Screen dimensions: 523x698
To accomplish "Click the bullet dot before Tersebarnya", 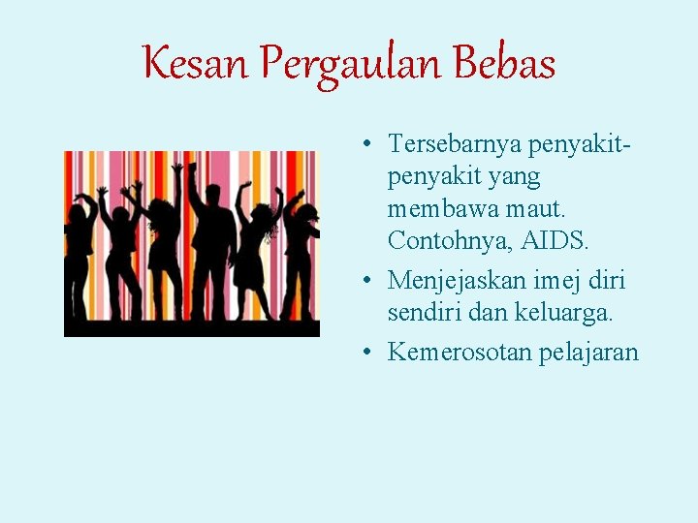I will click(370, 145).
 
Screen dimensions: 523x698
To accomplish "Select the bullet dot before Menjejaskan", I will click(370, 282).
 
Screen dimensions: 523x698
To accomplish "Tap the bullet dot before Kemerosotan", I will click(370, 353).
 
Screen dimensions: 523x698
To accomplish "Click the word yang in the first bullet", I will click(517, 178).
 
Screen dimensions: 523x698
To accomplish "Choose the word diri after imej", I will click(608, 281).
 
